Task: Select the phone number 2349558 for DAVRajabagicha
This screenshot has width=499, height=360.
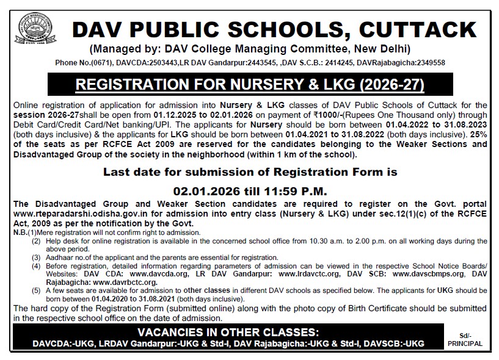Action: point(426,63)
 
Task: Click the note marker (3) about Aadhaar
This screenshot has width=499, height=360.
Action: point(36,258)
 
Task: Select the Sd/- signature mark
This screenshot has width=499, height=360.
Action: point(465,336)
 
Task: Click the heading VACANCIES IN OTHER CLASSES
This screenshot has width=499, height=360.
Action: point(228,333)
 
